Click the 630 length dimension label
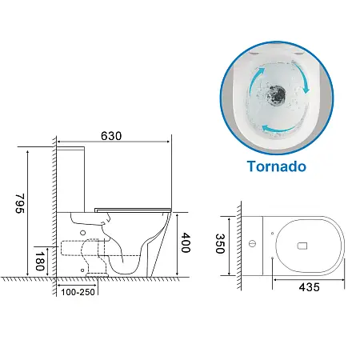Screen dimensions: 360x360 111,136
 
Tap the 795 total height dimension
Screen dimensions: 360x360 20,203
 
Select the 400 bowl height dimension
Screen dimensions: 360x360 186,242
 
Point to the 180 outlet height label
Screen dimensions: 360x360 40,261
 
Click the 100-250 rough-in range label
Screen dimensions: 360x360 78,292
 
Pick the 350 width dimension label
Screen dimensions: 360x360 220,243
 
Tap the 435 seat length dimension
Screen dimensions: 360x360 309,287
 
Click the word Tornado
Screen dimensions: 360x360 277,166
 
